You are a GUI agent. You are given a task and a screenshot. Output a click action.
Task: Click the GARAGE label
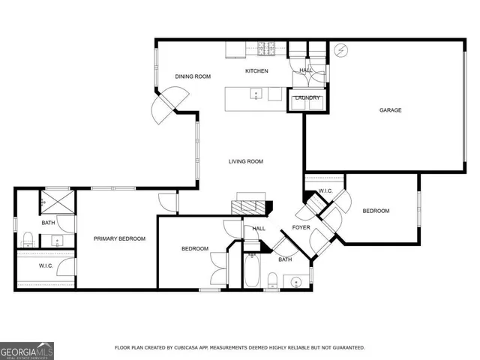pos(390,110)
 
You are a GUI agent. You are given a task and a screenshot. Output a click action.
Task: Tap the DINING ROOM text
pos(193,76)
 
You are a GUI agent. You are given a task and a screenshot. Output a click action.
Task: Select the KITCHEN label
pos(256,71)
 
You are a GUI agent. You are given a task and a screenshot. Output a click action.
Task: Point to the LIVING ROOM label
pos(246,161)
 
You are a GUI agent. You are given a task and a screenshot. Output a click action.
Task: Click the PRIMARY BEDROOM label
pos(119,238)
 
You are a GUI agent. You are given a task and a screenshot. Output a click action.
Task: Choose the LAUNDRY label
pos(307,97)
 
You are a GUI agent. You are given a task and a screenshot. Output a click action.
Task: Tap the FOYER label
pos(301,228)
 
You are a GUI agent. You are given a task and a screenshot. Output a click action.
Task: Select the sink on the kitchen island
pos(256,94)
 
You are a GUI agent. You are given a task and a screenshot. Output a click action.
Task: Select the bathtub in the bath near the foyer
pos(251,271)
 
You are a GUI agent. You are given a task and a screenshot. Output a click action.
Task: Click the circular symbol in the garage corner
pos(342,50)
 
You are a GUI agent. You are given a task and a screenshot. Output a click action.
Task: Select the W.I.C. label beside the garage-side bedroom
pos(325,191)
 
